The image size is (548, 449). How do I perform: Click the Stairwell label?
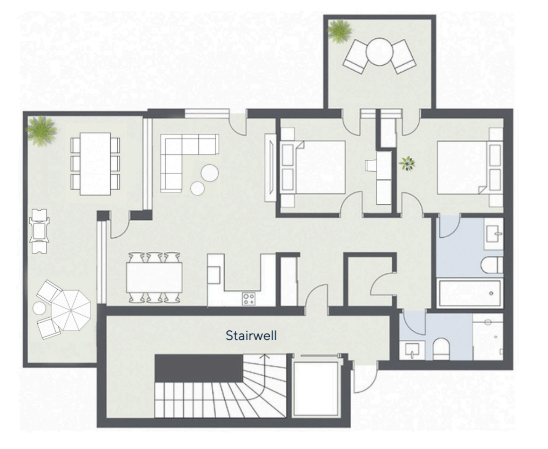251,336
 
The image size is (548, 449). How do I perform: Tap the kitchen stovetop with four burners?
249,299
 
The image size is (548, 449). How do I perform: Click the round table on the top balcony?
380,52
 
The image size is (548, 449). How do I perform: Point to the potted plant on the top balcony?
339,31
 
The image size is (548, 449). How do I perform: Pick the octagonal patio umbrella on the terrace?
71,311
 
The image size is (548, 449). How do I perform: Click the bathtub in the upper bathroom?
470,294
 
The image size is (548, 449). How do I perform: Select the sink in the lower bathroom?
413,350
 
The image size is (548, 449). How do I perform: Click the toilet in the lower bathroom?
441,348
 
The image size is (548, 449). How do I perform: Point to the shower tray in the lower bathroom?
488,337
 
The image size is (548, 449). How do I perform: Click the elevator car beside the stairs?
317,389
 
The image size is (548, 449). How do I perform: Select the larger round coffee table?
210,173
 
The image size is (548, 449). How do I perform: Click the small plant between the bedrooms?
407,164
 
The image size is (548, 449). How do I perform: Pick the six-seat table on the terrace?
96,164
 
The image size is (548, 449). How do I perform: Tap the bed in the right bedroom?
470,167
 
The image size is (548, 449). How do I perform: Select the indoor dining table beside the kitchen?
154,277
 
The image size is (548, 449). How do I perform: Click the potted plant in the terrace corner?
42,130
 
